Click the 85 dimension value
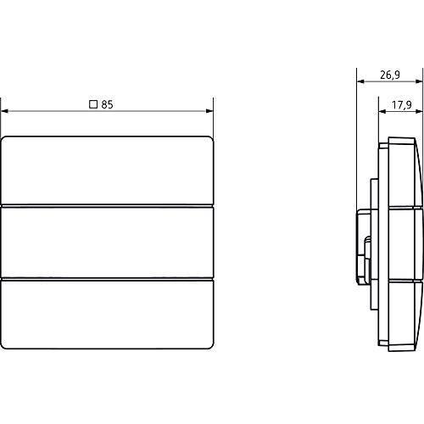tap(107, 104)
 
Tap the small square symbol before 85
tap(93, 104)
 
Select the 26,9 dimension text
tap(390, 75)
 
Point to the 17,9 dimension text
tap(402, 105)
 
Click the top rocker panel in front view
tap(107, 170)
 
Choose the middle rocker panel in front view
tap(107, 243)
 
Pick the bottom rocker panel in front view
tap(107, 315)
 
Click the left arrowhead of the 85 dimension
tap(5, 111)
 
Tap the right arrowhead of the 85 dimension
tap(209, 111)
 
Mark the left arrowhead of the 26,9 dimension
tap(360, 81)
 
